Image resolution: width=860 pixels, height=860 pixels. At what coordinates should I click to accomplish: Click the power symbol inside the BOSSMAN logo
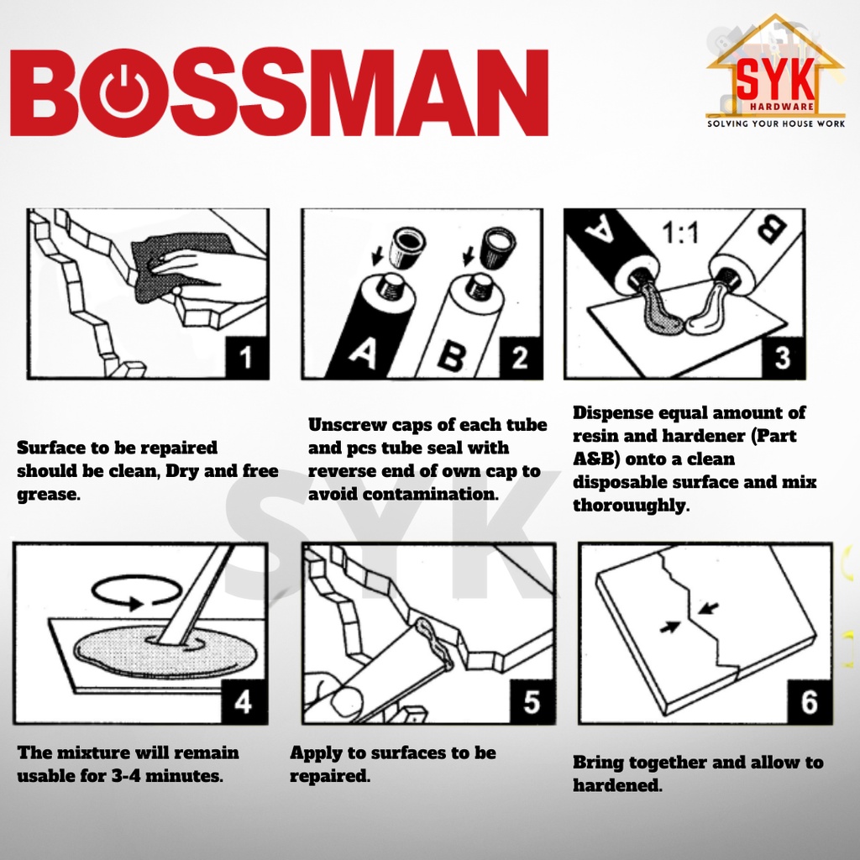pyautogui.click(x=124, y=91)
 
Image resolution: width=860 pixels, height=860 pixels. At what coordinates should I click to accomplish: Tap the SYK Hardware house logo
pyautogui.click(x=775, y=68)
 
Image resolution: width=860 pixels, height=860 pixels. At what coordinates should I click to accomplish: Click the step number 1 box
pyautogui.click(x=247, y=357)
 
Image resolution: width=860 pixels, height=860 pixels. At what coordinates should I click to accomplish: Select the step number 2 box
pyautogui.click(x=520, y=357)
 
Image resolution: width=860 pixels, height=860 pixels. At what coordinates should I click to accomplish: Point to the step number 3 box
pyautogui.click(x=783, y=357)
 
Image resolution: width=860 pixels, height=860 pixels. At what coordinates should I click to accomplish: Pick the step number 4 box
pyautogui.click(x=244, y=701)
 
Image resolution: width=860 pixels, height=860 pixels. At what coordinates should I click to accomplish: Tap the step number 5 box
pyautogui.click(x=532, y=701)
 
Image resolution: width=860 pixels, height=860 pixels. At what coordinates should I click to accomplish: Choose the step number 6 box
pyautogui.click(x=810, y=701)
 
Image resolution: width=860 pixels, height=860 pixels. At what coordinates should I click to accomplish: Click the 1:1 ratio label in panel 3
pyautogui.click(x=680, y=233)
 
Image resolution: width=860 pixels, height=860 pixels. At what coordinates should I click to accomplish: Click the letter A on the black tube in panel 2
pyautogui.click(x=363, y=353)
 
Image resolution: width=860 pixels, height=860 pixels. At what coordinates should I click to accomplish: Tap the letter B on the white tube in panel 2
pyautogui.click(x=451, y=356)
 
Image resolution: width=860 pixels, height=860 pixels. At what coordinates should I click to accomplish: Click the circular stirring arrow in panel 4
pyautogui.click(x=137, y=591)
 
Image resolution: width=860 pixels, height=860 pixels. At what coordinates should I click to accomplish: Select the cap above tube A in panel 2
pyautogui.click(x=407, y=248)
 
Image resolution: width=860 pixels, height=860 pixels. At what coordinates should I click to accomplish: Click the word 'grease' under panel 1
pyautogui.click(x=48, y=495)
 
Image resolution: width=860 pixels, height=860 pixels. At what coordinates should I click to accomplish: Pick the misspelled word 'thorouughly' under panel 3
pyautogui.click(x=631, y=505)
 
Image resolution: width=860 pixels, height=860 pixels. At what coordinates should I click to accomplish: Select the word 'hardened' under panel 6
pyautogui.click(x=617, y=785)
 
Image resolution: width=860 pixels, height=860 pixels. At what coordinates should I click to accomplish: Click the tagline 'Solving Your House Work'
pyautogui.click(x=775, y=124)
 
